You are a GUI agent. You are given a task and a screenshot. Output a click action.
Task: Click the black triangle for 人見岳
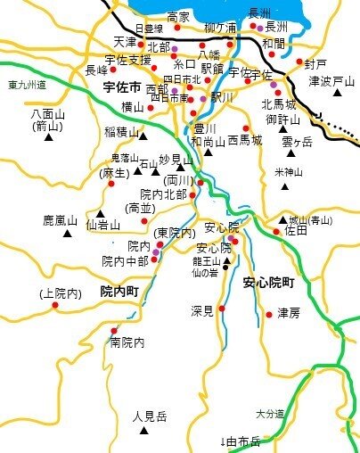tap(144, 432)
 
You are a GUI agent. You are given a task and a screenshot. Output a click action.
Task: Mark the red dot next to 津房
tap(269, 313)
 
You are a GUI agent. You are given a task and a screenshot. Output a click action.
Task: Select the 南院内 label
tap(127, 342)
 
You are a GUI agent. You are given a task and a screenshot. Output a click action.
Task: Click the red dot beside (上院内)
tap(55, 306)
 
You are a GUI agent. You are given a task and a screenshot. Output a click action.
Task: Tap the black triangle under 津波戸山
tap(339, 93)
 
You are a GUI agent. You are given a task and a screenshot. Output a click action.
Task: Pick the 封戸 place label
tap(315, 64)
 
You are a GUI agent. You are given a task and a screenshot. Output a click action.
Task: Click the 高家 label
tap(178, 17)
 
